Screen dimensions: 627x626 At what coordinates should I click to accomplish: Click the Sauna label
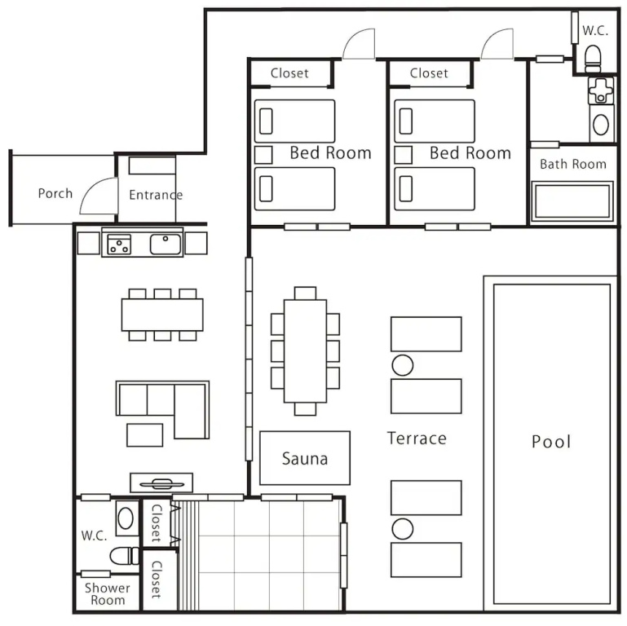pyautogui.click(x=305, y=459)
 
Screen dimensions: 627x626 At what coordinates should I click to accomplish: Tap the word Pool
pyautogui.click(x=551, y=442)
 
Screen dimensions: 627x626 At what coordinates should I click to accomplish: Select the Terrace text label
pyautogui.click(x=417, y=439)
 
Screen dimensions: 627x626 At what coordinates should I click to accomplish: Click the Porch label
pyautogui.click(x=55, y=193)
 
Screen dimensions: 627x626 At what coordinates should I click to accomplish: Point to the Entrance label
pyautogui.click(x=156, y=195)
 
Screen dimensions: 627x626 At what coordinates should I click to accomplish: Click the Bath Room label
pyautogui.click(x=573, y=164)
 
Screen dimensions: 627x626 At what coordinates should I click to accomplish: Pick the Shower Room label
pyautogui.click(x=107, y=594)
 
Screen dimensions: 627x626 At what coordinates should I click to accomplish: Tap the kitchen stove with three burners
pyautogui.click(x=119, y=245)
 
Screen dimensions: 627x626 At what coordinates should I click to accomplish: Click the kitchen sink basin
pyautogui.click(x=166, y=245)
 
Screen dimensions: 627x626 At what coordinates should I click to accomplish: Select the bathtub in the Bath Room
pyautogui.click(x=572, y=201)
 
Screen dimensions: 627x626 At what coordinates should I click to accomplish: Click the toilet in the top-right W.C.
pyautogui.click(x=593, y=59)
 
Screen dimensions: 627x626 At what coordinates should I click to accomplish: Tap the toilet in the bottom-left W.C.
pyautogui.click(x=125, y=556)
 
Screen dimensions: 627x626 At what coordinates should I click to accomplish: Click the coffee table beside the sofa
pyautogui.click(x=145, y=435)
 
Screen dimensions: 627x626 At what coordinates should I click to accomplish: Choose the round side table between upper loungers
pyautogui.click(x=403, y=365)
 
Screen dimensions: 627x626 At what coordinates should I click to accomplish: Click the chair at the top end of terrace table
pyautogui.click(x=305, y=293)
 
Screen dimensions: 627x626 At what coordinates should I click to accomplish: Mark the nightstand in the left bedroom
pyautogui.click(x=263, y=155)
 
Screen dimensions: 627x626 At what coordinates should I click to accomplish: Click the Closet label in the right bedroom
pyautogui.click(x=429, y=73)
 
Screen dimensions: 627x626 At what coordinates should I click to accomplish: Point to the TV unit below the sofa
pyautogui.click(x=161, y=483)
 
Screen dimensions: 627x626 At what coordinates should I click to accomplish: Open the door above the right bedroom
pyautogui.click(x=497, y=44)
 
